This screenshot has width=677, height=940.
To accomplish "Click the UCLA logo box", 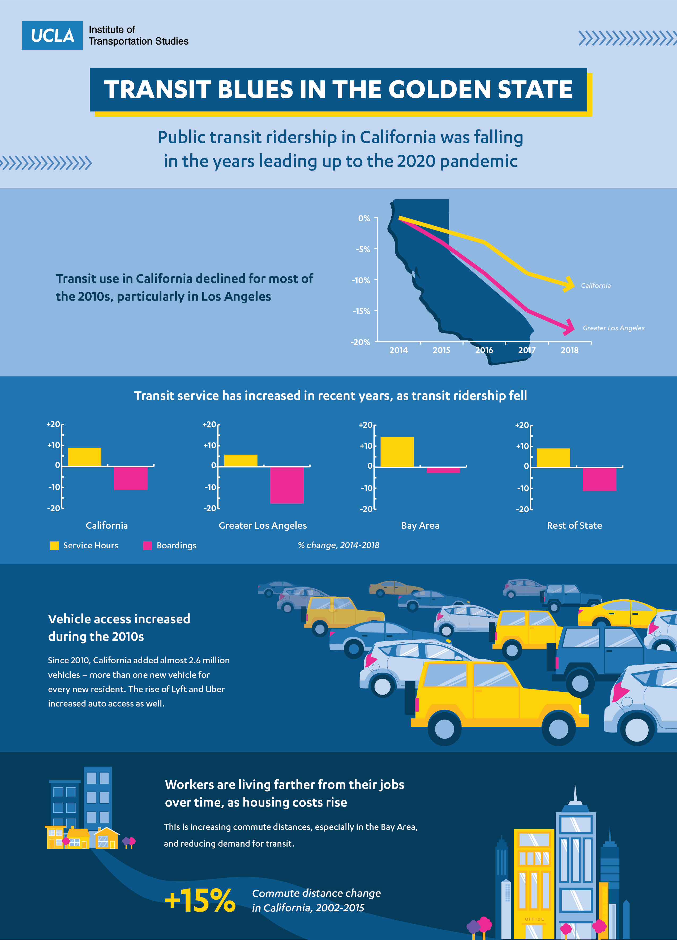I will tap(52, 35).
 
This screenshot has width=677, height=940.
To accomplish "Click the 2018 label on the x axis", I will tap(569, 350).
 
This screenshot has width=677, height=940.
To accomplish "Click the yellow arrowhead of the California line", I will tap(569, 284).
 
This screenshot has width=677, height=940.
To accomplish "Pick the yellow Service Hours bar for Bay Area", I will tap(397, 452).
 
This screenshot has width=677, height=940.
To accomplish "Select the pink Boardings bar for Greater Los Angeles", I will tap(287, 485).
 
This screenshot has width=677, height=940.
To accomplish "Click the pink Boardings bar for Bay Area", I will tap(443, 470).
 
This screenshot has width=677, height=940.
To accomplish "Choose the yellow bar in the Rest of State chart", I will tap(553, 458).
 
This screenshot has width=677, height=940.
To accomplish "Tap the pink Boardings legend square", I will tap(147, 545).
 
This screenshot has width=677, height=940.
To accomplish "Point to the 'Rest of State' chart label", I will tap(574, 526).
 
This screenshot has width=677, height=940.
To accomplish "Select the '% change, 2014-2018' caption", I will tap(338, 545).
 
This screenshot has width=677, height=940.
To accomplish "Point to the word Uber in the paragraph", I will tap(215, 689).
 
